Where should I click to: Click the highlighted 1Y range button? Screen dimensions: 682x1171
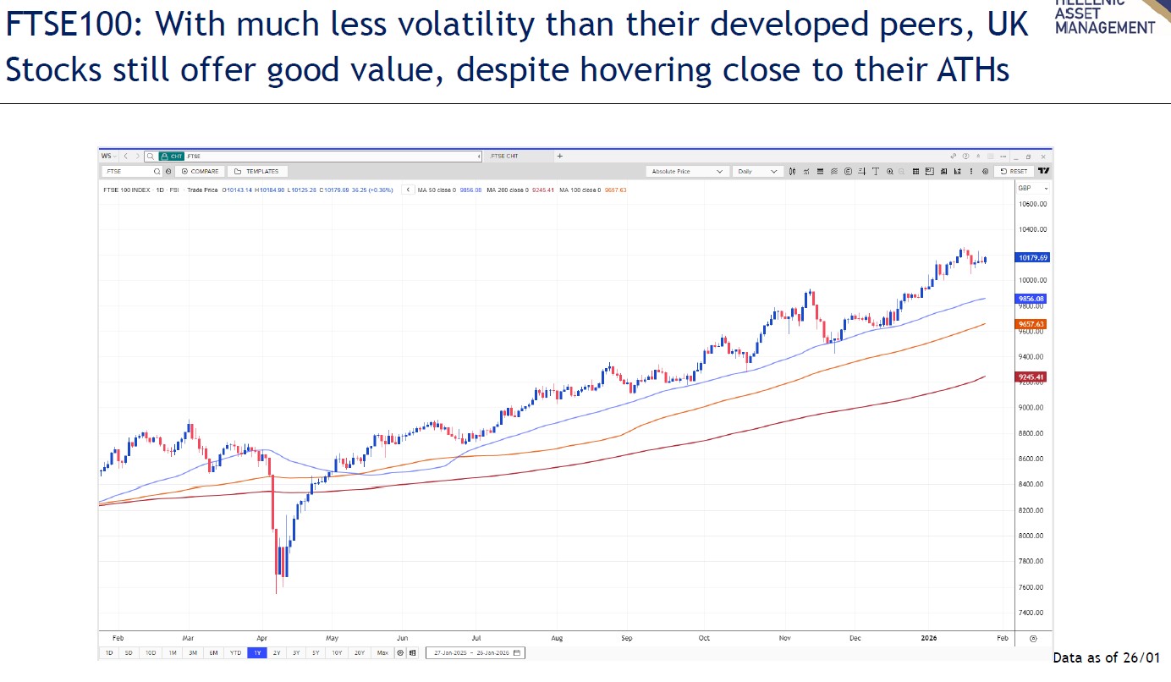256,652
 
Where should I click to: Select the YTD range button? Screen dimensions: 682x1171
235,652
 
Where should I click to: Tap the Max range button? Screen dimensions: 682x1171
382,652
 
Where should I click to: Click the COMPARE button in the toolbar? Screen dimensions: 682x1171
201,171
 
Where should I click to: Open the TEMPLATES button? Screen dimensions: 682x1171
257,171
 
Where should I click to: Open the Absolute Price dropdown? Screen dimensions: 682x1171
687,171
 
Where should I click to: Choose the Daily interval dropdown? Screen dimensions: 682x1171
757,171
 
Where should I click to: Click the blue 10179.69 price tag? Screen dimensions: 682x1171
1032,257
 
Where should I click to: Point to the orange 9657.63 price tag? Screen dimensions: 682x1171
1032,324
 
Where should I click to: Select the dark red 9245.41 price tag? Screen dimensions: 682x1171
1032,377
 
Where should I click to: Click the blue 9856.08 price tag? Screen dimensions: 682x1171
1032,299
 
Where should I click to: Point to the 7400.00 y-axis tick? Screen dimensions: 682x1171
1032,613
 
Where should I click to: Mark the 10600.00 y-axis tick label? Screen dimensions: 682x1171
1033,204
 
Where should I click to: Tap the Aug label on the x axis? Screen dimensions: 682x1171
556,639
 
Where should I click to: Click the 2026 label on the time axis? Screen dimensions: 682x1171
928,639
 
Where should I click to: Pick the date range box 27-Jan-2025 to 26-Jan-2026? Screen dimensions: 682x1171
476,652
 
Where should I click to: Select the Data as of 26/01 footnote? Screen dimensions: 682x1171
1106,657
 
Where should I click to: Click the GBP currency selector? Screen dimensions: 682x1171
1032,188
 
